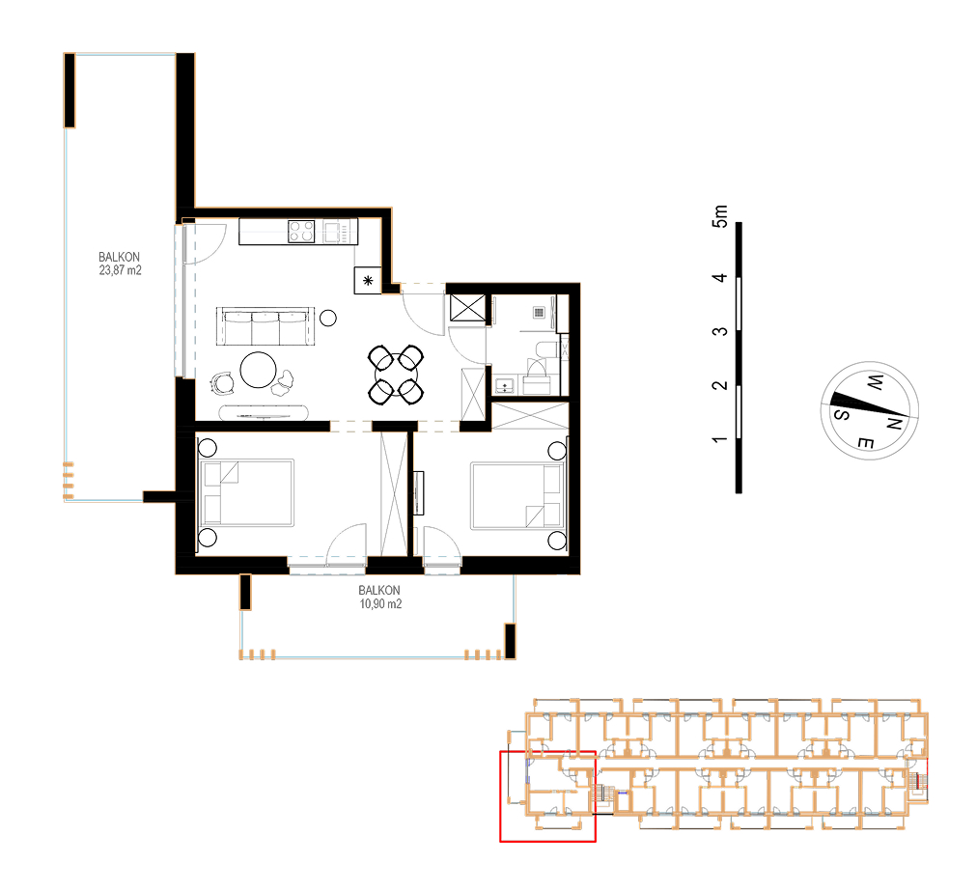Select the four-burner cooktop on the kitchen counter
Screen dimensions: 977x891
[301, 232]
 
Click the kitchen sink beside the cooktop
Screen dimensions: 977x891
[331, 232]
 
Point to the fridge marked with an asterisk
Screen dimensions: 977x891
[368, 280]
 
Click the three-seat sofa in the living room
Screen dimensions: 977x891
[265, 326]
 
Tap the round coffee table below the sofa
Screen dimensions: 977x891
[259, 370]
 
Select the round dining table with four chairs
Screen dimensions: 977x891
[396, 375]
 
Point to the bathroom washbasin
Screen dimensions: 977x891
[505, 386]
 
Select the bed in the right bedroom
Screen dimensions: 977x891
[516, 496]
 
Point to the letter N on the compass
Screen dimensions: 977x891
[894, 424]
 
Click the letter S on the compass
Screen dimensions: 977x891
[841, 414]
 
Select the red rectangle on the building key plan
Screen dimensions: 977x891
[547, 796]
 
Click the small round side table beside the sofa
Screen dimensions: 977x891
[328, 319]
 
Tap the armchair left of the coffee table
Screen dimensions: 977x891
[222, 382]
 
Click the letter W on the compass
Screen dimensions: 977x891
[875, 382]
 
